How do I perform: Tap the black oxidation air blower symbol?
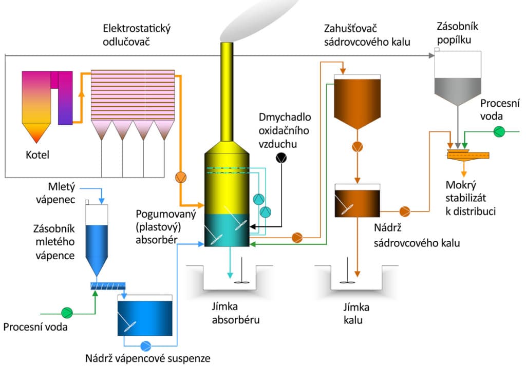(x=281, y=158)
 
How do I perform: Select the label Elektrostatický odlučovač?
(x=137, y=35)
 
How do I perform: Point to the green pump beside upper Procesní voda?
(x=498, y=132)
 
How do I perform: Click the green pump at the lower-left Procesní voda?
(x=67, y=312)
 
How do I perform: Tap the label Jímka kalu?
(x=356, y=314)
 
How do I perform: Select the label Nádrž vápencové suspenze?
(x=148, y=358)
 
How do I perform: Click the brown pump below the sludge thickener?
(x=357, y=147)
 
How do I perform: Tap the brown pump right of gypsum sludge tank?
(x=404, y=210)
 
